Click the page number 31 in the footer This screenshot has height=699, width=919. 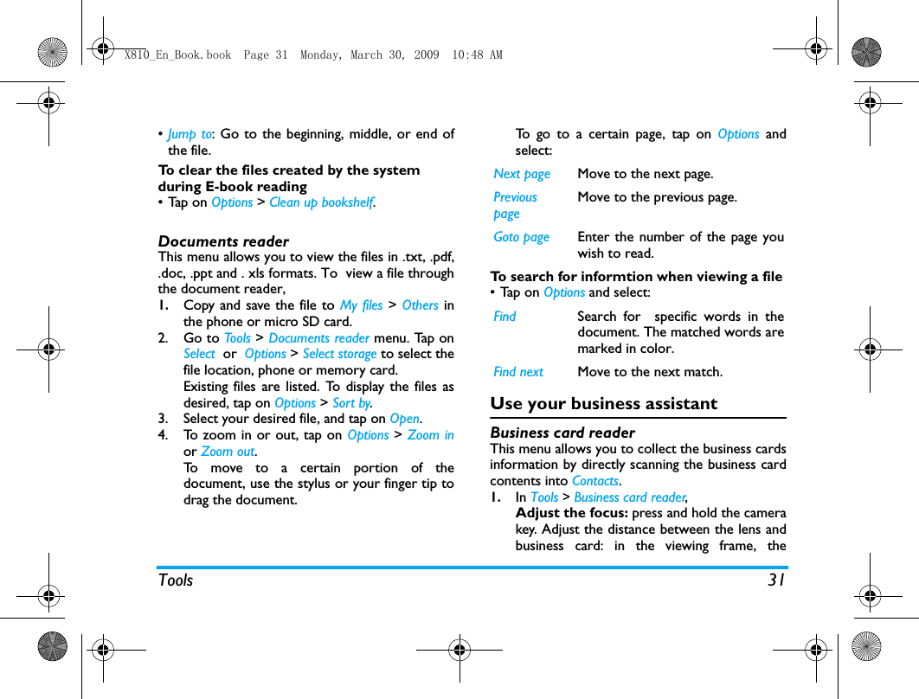(776, 580)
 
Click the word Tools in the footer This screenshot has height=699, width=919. (176, 580)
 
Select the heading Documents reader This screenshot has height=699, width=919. (223, 241)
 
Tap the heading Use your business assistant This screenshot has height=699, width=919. (603, 404)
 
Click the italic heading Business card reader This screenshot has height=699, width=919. (562, 433)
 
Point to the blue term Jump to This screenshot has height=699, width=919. (190, 134)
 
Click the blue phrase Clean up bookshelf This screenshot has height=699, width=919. (321, 202)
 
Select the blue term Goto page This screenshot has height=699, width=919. (521, 237)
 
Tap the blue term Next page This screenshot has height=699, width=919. (522, 174)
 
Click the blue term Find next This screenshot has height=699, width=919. (518, 372)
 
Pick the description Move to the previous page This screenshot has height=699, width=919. (657, 197)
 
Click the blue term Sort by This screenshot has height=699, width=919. (351, 403)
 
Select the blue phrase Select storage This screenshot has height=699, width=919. (339, 354)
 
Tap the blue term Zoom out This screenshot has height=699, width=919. (228, 452)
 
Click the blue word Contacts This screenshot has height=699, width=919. (595, 481)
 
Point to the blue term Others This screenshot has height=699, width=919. (420, 305)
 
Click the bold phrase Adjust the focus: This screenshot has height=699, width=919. (572, 513)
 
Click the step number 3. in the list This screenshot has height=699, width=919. (164, 419)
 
